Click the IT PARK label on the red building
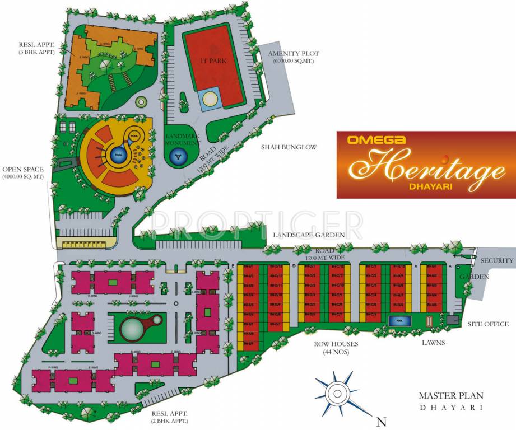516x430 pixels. pyautogui.click(x=213, y=60)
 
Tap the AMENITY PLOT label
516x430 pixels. pyautogui.click(x=294, y=57)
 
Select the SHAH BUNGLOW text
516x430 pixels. pyautogui.click(x=289, y=147)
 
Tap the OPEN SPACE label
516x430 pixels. pyautogui.click(x=23, y=172)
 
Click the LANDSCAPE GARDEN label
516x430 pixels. pyautogui.click(x=309, y=235)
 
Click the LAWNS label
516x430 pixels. pyautogui.click(x=434, y=343)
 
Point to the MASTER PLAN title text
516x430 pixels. pyautogui.click(x=450, y=396)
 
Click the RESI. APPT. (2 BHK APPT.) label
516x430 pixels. pyautogui.click(x=170, y=417)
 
